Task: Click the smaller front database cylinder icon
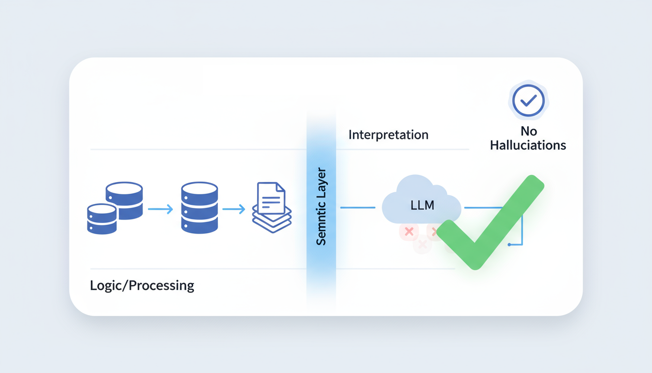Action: (x=102, y=219)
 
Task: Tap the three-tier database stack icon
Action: (x=199, y=208)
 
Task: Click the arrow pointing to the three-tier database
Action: (x=160, y=209)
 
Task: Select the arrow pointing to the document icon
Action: (x=234, y=209)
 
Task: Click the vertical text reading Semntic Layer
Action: (x=321, y=207)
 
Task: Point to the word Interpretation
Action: (x=388, y=135)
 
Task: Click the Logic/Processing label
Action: (x=142, y=285)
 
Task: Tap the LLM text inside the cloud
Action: (x=422, y=205)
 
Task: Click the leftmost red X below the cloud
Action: (x=409, y=232)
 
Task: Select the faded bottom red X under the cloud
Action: (x=422, y=244)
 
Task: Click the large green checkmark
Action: (x=490, y=223)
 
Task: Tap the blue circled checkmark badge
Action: (x=528, y=101)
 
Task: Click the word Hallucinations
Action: (x=528, y=145)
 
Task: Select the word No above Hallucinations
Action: (x=528, y=131)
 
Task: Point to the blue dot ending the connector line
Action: (x=509, y=244)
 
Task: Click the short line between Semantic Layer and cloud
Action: (x=358, y=207)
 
